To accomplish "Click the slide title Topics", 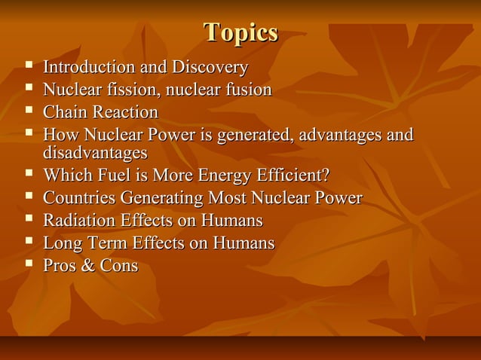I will [x=240, y=33].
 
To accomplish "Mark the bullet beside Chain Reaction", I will [x=29, y=112].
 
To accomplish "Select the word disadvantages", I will [x=95, y=153].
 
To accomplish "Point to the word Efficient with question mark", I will [x=293, y=176].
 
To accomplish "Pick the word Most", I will [x=234, y=199].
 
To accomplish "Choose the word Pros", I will [x=60, y=267].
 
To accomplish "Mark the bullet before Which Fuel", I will [x=29, y=175].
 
